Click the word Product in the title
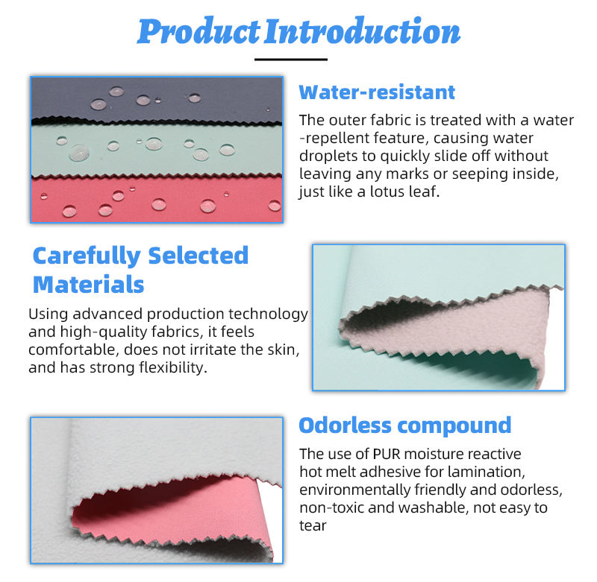pos(199,32)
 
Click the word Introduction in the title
pos(363,31)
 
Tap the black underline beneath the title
pos(291,60)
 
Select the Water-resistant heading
pos(377,92)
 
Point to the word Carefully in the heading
pos(87,256)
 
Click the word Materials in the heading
pos(88,285)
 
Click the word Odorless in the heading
pos(345,426)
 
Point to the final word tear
pos(313,526)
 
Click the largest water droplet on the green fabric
pos(80,153)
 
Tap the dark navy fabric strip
pos(157,100)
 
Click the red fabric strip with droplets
pos(157,200)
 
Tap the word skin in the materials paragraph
pos(282,349)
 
